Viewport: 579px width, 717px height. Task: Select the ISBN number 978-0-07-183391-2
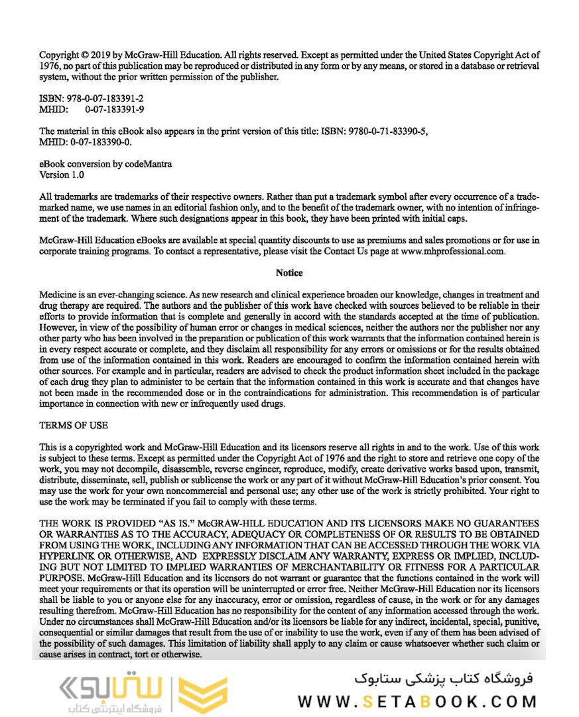[105, 98]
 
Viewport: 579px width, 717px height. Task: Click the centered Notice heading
[289, 273]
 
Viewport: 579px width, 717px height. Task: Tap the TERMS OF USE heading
[74, 425]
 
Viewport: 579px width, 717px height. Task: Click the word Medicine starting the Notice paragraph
[58, 294]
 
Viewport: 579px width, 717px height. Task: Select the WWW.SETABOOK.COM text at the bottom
[418, 702]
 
